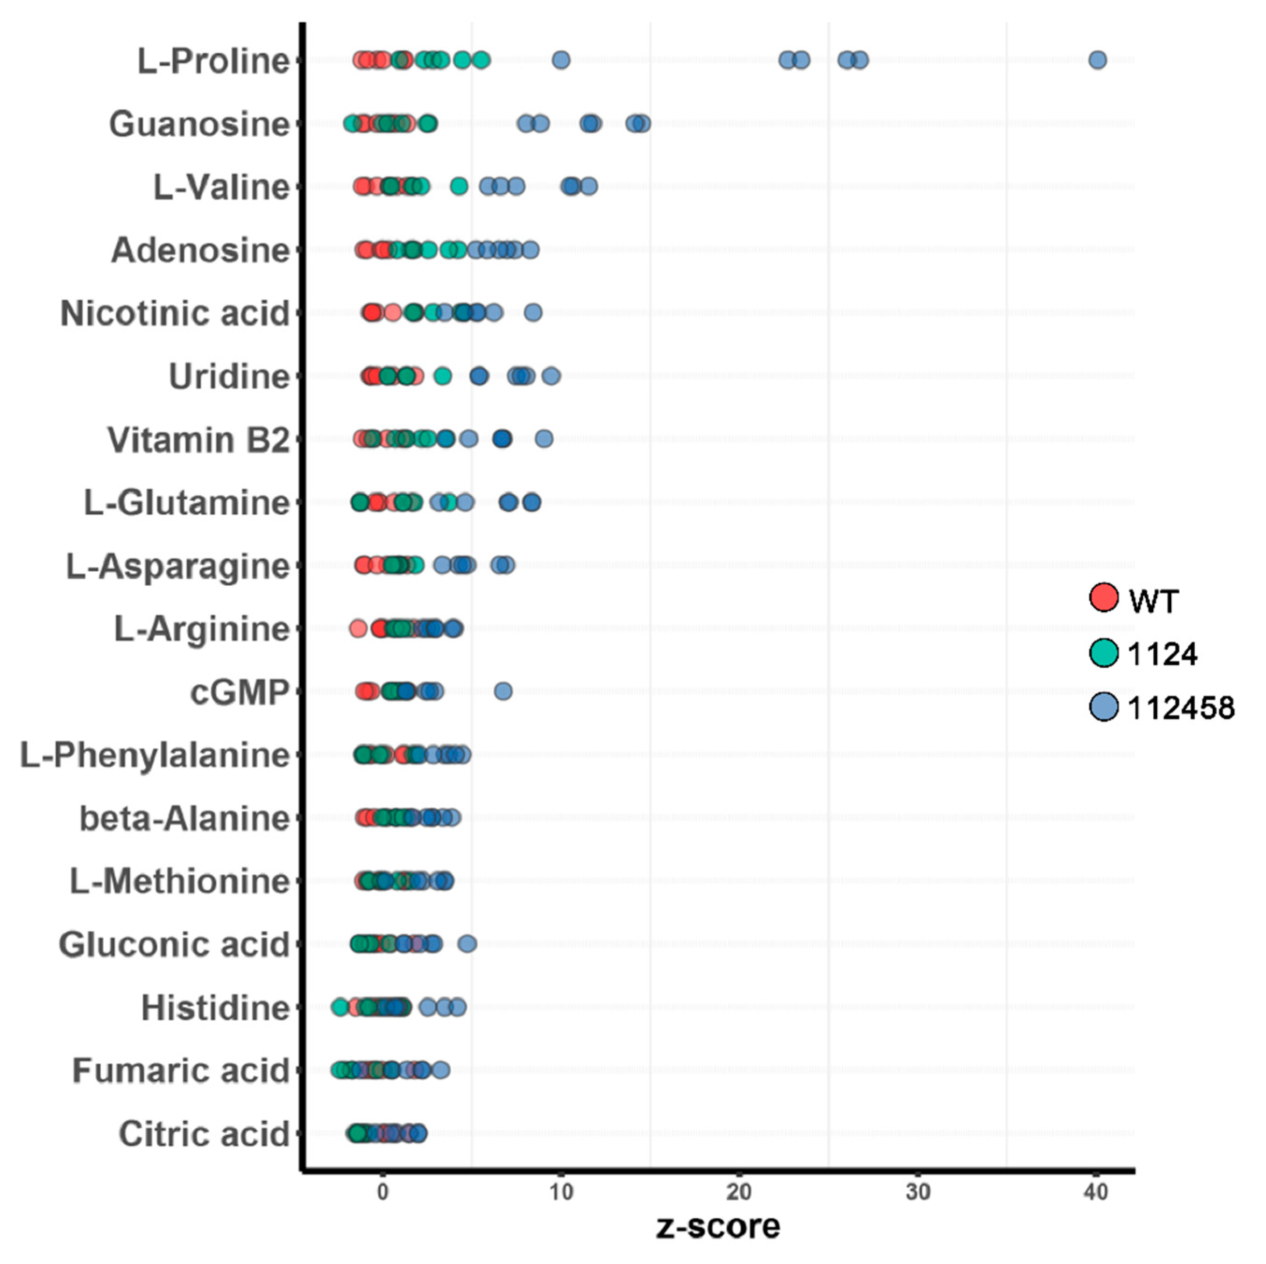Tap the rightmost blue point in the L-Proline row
[x=1098, y=60]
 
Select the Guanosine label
[x=199, y=124]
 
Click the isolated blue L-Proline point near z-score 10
[x=560, y=60]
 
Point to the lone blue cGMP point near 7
[x=503, y=691]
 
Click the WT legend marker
[x=1103, y=597]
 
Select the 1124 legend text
[x=1162, y=654]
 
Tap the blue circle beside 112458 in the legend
[x=1103, y=707]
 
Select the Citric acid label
[x=204, y=1134]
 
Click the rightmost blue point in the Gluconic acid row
[x=467, y=944]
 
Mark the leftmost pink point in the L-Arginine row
[x=358, y=629]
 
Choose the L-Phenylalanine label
[x=155, y=755]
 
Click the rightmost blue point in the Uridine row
[x=551, y=376]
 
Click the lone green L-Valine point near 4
[x=459, y=187]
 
